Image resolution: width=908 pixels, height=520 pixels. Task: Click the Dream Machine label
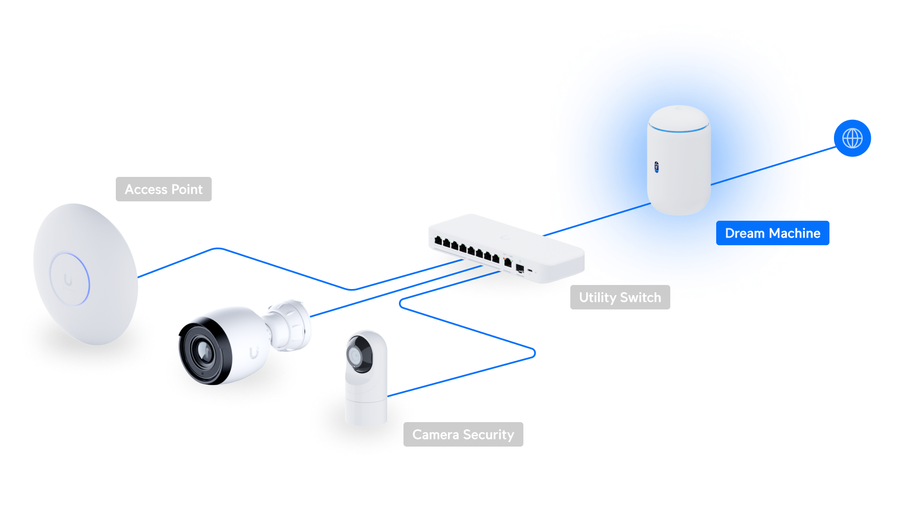[x=772, y=233]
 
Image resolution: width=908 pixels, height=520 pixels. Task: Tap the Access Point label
[x=164, y=189]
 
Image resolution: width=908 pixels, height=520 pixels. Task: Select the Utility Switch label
[x=620, y=297]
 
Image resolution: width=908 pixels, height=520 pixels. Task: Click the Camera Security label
[x=463, y=434]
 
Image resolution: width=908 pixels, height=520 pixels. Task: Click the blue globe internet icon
[x=852, y=138]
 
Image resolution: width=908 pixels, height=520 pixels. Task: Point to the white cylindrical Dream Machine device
[x=679, y=160]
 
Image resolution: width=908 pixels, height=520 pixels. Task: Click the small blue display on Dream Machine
[x=657, y=167]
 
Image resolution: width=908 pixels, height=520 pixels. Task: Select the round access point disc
[x=85, y=274]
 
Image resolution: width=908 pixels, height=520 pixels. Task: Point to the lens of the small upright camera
[x=355, y=355]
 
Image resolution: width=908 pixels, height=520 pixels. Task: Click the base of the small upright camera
[x=366, y=412]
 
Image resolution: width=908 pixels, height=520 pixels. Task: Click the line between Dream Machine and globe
[x=773, y=166]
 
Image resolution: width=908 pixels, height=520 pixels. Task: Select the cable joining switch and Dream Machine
[x=597, y=220]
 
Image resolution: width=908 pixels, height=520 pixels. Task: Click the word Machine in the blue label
[x=795, y=233]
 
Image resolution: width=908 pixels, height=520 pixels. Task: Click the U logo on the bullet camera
[x=254, y=353]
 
